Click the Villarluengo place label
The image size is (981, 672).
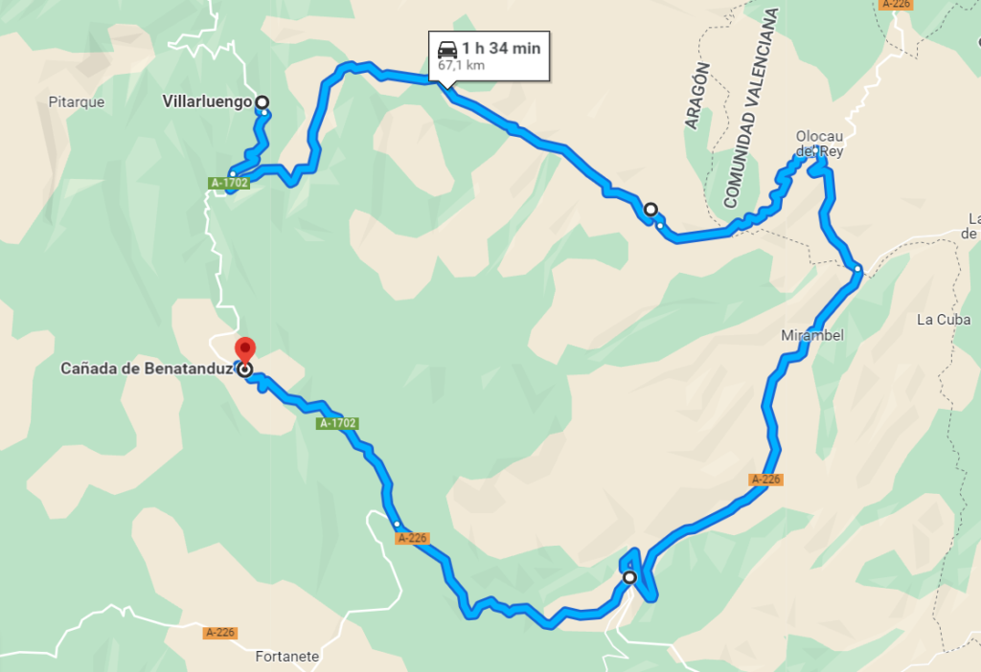coord(206,101)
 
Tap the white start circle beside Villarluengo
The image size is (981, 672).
coord(262,102)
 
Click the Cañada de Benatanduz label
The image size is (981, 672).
coord(147,369)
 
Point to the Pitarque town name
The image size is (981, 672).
coord(76,101)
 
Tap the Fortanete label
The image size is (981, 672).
coord(287,657)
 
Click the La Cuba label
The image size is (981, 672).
coord(943,320)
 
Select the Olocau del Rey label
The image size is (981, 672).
coord(819,144)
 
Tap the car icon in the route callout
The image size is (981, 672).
coord(446,49)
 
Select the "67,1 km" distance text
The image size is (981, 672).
coord(461,66)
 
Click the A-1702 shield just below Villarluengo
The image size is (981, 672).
coord(229,183)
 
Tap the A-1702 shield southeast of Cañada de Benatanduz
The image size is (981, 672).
coord(338,422)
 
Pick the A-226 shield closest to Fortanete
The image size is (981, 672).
coord(219,633)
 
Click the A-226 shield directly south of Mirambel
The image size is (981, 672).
coord(766,479)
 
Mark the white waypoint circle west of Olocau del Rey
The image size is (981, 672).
coord(650,209)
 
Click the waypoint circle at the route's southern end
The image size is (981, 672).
coord(628,577)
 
